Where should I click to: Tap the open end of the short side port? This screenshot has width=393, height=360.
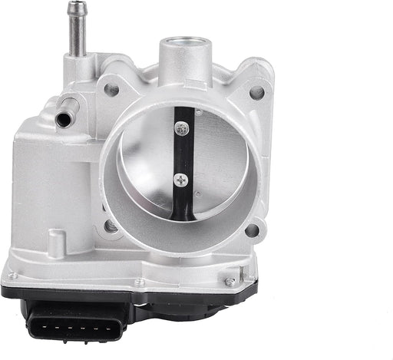point(61,120)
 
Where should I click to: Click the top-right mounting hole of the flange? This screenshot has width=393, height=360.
point(256,92)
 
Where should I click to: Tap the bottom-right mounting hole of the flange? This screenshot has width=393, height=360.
point(255,229)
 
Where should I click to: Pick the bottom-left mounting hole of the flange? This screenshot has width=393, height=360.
point(113,226)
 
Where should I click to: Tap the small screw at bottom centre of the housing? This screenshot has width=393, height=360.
point(139,282)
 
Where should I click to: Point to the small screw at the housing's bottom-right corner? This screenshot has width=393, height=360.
point(230,282)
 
